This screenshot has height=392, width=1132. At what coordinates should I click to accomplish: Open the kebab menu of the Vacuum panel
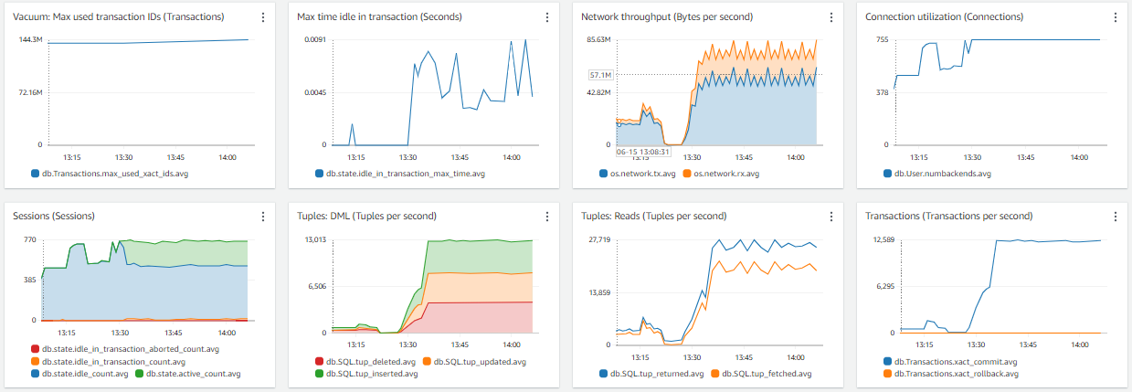(x=263, y=17)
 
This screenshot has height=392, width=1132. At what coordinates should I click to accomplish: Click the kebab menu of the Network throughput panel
(x=831, y=17)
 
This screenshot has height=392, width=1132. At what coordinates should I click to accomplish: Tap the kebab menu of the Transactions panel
(x=1116, y=217)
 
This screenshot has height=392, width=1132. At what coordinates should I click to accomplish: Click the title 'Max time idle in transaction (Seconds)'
(x=379, y=17)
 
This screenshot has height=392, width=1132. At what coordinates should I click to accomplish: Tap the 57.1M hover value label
(x=600, y=74)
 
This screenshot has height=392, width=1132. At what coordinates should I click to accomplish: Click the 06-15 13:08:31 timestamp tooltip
(x=643, y=152)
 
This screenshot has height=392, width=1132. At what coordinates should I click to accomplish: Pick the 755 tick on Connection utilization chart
(x=882, y=39)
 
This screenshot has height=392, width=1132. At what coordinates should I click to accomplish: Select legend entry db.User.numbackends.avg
(x=941, y=173)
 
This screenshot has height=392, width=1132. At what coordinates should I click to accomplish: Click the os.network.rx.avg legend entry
(x=724, y=173)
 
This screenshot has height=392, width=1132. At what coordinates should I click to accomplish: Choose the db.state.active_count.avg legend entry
(x=191, y=374)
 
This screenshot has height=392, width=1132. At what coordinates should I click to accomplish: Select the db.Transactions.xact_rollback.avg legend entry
(x=956, y=374)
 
